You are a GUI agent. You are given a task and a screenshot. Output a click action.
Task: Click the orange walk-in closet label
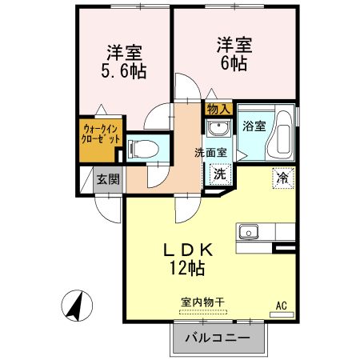(x=102, y=133)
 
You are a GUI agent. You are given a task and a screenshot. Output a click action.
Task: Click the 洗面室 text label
(x=210, y=152)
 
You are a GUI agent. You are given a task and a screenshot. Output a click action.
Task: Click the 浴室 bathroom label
(x=254, y=125)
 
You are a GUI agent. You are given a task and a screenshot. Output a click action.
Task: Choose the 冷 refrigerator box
(x=282, y=176)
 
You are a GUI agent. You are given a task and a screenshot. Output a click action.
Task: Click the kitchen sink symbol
(x=247, y=233)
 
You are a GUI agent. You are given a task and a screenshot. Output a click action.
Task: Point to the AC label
(x=281, y=305)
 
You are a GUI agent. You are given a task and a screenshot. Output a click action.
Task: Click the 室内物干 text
(x=202, y=302)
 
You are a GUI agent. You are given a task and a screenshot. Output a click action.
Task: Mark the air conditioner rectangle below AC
(x=281, y=314)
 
